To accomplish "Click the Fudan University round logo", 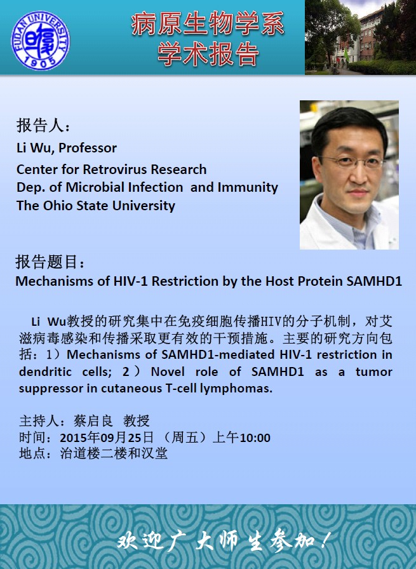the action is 40,40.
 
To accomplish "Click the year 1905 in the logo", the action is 40,62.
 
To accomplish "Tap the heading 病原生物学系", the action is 208,24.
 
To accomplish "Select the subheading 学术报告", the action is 208,54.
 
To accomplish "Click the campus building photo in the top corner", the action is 360,37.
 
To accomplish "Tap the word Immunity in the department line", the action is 248,188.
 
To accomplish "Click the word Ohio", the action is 58,206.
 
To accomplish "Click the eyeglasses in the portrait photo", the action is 352,161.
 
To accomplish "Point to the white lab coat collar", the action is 319,218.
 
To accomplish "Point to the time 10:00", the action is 255,438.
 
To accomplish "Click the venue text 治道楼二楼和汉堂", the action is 114,453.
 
